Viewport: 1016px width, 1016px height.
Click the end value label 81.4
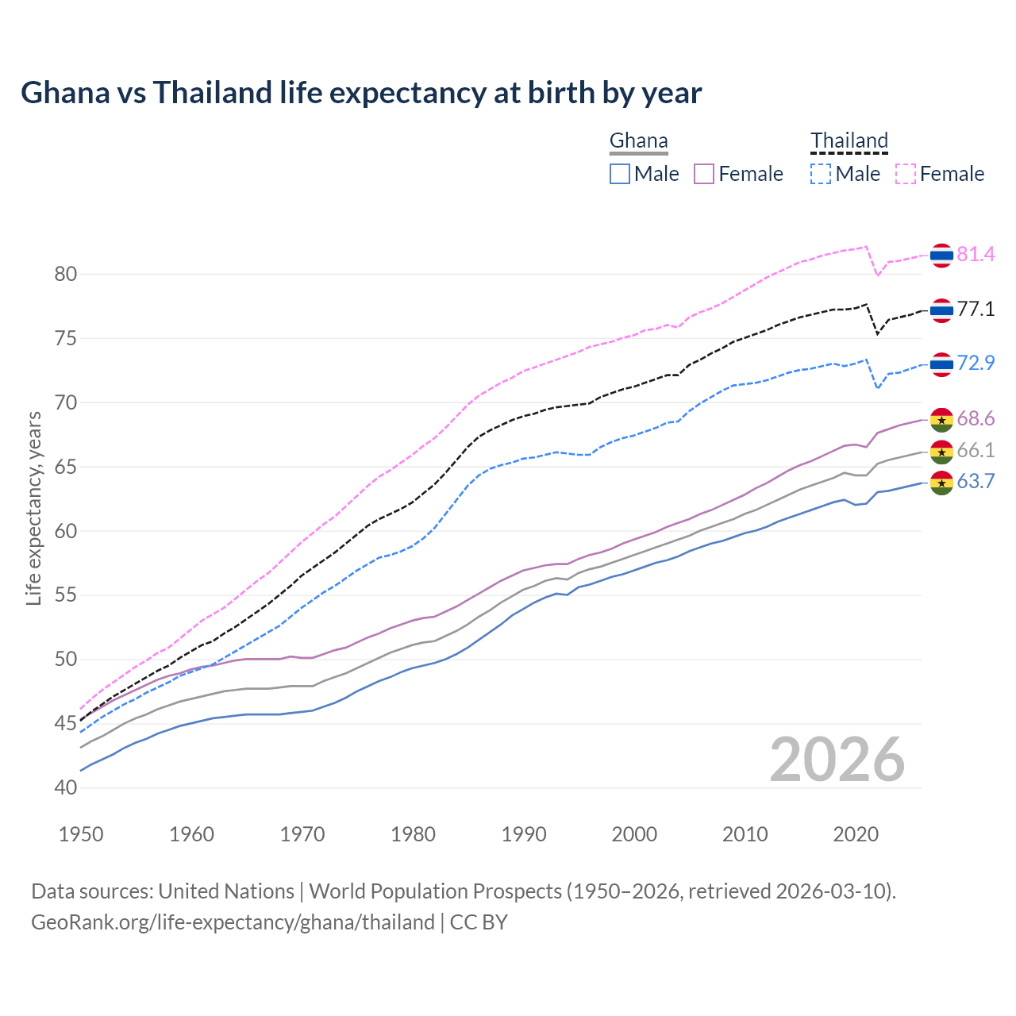[x=976, y=254]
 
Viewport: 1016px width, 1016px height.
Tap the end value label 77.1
[x=976, y=309]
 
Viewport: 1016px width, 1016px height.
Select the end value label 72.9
[x=976, y=363]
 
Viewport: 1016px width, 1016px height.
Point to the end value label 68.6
[x=976, y=418]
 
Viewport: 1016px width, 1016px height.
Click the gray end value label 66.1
[x=976, y=450]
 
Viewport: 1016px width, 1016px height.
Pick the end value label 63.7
[x=976, y=481]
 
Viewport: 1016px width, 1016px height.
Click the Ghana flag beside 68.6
[x=941, y=419]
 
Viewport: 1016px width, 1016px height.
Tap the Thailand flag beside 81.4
[x=941, y=255]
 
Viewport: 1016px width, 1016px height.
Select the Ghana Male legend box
[x=620, y=174]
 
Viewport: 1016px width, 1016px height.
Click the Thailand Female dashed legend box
[x=906, y=174]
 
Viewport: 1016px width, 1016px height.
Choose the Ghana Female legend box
[x=704, y=174]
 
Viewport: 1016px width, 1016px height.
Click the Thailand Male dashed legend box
[x=821, y=174]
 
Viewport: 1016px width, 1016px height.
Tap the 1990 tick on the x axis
[x=524, y=834]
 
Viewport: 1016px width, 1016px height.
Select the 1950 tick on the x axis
[x=82, y=834]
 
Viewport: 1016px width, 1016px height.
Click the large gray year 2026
[x=837, y=760]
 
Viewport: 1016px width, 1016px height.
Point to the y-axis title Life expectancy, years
[x=33, y=508]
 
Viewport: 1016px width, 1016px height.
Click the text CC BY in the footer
[x=479, y=922]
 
